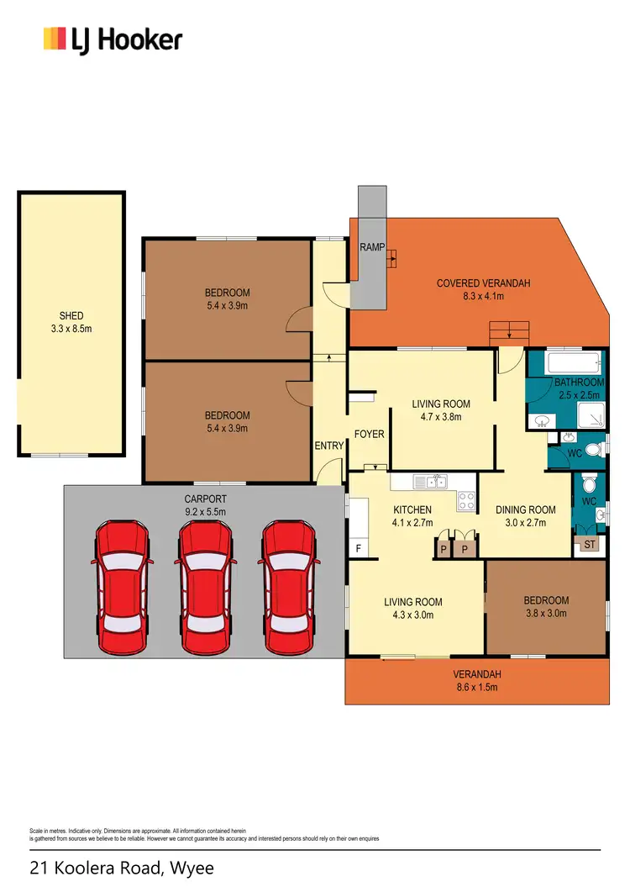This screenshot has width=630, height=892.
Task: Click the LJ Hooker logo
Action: point(113,40)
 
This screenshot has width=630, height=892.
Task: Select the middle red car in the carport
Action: point(204,585)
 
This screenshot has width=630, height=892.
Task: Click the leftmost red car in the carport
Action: point(123,585)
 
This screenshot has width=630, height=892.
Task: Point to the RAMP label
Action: point(372,247)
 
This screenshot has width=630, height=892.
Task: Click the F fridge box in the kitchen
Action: point(360,548)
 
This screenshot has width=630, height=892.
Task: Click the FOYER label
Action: point(369,435)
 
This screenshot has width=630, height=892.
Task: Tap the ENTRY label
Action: point(329,446)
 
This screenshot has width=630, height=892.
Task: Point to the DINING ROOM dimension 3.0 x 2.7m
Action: point(526,522)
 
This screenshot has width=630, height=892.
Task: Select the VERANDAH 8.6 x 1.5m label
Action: point(476,680)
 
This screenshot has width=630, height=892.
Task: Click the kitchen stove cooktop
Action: point(466,501)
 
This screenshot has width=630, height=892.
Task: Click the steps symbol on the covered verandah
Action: point(510,332)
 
